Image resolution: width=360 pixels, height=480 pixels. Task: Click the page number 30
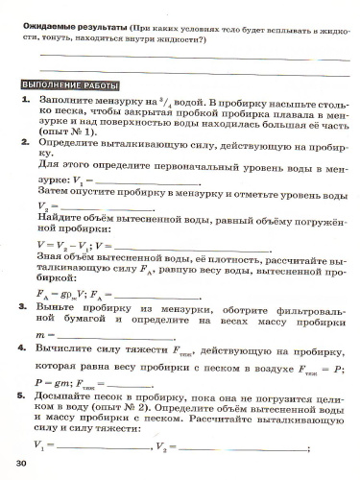point(21,466)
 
